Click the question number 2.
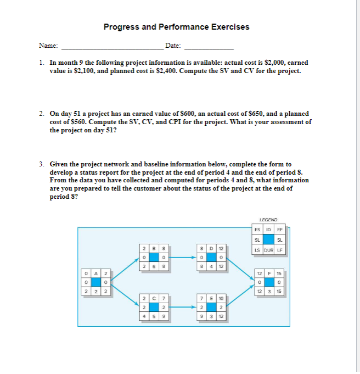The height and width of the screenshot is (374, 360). coord(42,114)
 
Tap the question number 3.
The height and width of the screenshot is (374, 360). coord(42,164)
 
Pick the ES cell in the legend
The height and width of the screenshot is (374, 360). coord(257,230)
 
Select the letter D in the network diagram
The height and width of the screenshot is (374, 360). coord(211,248)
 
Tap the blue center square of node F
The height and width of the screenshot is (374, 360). coord(269,282)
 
